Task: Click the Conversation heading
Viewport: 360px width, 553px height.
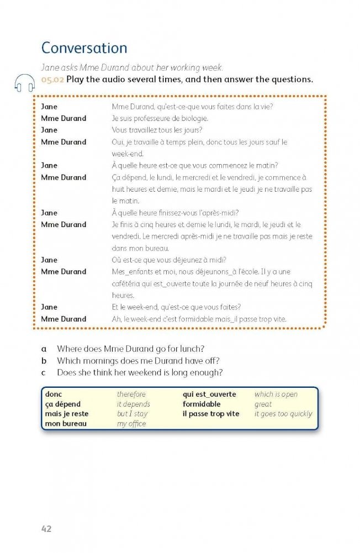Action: [84, 48]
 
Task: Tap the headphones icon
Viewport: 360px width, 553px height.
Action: [25, 83]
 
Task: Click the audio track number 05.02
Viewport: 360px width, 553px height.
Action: [52, 79]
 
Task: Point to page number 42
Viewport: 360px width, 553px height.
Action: [46, 529]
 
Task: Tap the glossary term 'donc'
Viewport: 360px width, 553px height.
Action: [54, 394]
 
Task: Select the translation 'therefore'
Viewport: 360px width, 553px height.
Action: [131, 394]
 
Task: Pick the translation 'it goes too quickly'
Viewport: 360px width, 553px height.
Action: [283, 414]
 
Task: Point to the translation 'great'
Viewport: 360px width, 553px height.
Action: [263, 404]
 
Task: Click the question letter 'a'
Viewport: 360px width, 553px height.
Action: [44, 349]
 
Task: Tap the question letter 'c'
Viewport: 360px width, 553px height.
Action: [44, 373]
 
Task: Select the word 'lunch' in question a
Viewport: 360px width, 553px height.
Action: [192, 349]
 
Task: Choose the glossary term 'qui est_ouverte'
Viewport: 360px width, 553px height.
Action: [209, 394]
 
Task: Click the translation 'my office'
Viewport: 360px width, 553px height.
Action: [131, 424]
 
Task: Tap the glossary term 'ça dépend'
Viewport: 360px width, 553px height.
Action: [63, 404]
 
